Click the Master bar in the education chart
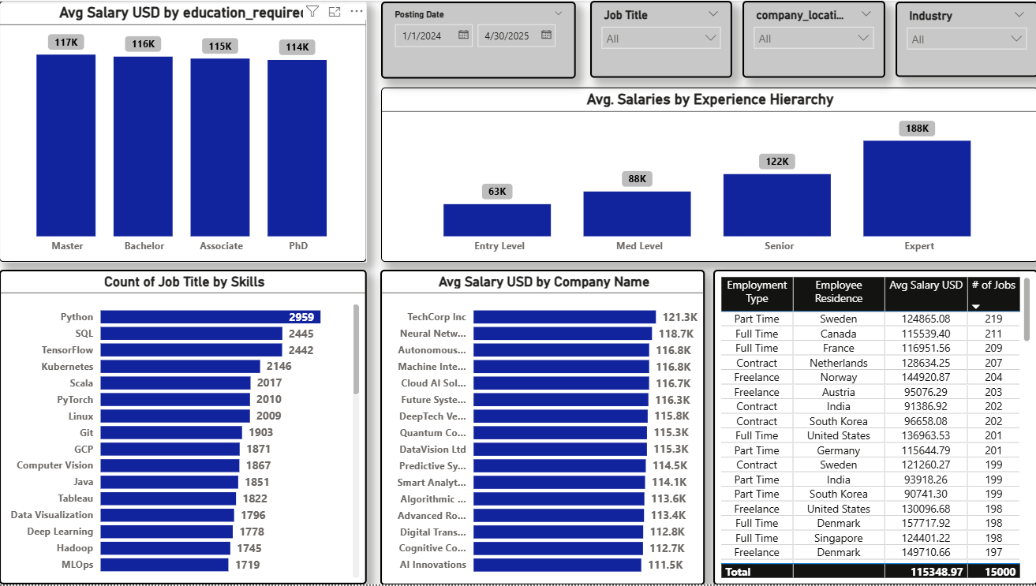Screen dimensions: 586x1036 pos(65,146)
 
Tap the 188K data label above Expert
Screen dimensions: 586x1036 pos(917,129)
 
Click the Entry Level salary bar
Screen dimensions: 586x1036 pos(497,220)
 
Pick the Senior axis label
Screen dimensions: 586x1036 pos(779,246)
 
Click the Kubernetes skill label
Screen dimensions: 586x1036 pos(67,367)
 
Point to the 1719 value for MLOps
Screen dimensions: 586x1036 pos(247,565)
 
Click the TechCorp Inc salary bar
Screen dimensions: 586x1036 pos(564,317)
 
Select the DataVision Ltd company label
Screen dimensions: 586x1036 pos(432,450)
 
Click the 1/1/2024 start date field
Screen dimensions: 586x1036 pos(426,35)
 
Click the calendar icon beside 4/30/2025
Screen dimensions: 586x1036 pos(546,35)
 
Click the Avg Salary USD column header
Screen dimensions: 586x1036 pos(926,286)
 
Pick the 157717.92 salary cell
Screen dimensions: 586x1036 pos(926,524)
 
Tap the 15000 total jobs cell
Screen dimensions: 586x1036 pos(993,572)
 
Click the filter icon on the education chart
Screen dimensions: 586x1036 pos(312,12)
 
